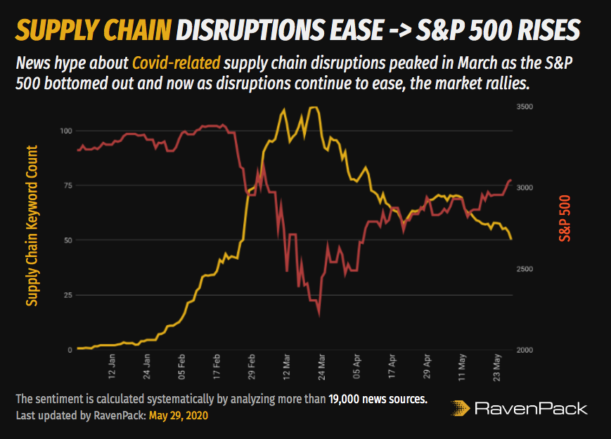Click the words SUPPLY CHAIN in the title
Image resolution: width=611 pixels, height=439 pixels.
93,30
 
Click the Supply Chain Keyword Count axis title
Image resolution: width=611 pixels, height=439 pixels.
32,225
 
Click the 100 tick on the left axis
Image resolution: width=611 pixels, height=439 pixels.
67,131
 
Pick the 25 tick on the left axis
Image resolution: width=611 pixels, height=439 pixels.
69,295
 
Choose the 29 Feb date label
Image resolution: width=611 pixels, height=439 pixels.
251,367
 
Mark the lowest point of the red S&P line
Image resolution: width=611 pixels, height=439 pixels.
320,315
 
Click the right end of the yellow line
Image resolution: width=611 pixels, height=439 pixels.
511,240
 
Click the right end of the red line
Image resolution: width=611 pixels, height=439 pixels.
511,181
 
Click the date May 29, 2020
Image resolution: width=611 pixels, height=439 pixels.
179,415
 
